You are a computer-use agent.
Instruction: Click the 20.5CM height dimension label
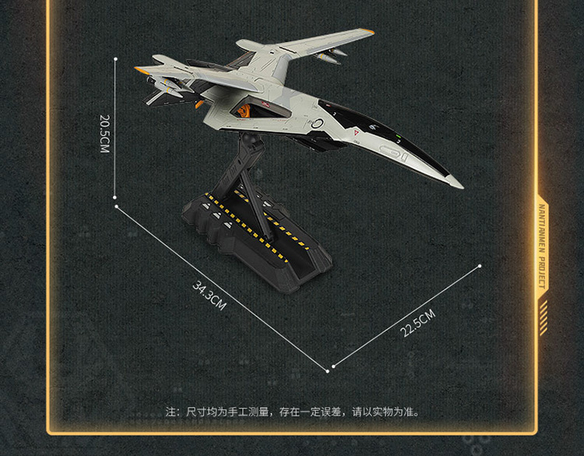pyautogui.click(x=104, y=134)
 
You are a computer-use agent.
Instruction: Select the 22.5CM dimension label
pyautogui.click(x=417, y=322)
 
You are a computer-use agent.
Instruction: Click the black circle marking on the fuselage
pyautogui.click(x=317, y=124)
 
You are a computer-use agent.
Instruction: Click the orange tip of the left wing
pyautogui.click(x=140, y=71)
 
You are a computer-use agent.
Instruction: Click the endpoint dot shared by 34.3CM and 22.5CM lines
pyautogui.click(x=333, y=366)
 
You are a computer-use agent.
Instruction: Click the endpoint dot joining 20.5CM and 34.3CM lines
pyautogui.click(x=115, y=207)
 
